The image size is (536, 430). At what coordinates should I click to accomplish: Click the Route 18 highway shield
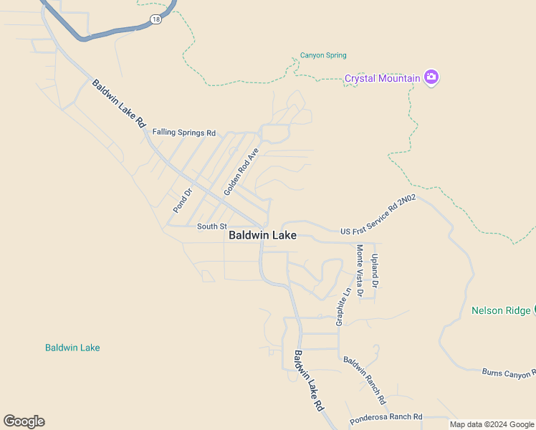point(156,20)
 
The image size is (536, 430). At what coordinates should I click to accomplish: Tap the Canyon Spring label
point(322,55)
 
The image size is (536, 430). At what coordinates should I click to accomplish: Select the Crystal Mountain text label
point(382,78)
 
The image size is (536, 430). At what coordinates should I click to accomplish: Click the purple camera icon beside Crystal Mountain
point(431,77)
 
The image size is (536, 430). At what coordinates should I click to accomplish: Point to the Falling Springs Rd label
point(184,133)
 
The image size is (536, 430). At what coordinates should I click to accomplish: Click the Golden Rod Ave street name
point(240,172)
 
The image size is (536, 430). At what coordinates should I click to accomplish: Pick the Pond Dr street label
point(183,201)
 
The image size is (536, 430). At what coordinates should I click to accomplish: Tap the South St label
point(211,226)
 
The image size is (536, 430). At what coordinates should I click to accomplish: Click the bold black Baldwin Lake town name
point(262,235)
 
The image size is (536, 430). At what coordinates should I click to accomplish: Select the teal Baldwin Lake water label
point(72,348)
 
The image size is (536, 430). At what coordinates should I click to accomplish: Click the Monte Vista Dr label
point(360,270)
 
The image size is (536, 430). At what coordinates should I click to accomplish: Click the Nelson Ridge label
point(500,310)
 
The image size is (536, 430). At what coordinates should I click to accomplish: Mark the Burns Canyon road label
point(508,373)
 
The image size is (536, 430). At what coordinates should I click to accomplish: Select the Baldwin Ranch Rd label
point(364,380)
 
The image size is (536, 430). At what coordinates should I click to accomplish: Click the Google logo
point(24,421)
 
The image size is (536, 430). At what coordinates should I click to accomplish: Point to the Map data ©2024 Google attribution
point(492,424)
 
